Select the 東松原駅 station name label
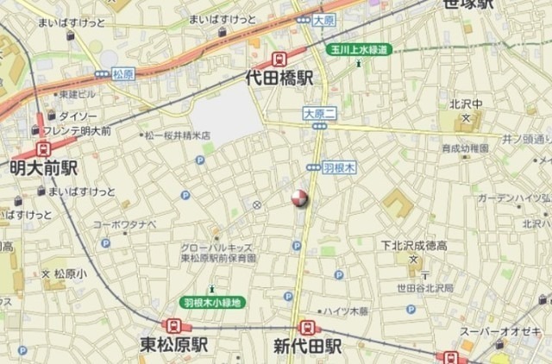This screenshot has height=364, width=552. point(175,347)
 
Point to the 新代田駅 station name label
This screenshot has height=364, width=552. point(308,347)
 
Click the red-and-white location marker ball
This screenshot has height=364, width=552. point(299,198)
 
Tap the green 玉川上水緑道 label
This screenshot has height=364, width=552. point(360,50)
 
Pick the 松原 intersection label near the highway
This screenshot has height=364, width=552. point(123,74)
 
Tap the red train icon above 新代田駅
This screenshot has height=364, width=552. point(306,328)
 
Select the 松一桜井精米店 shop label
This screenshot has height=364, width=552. point(176,135)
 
